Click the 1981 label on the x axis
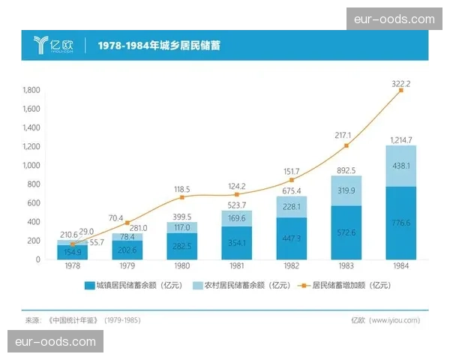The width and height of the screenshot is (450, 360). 237,268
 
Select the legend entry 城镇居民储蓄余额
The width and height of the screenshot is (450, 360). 132,286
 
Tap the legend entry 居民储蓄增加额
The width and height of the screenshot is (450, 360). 346,286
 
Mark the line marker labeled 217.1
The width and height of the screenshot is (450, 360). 346,145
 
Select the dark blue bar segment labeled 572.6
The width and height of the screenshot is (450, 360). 346,232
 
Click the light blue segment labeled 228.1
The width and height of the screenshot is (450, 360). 291,207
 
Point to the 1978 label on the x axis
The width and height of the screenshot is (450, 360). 73,268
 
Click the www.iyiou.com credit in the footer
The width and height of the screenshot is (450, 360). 395,320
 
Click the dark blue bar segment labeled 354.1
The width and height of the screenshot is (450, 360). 237,243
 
